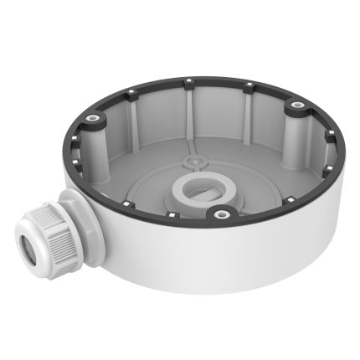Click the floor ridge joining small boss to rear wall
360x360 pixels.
coord(193,142)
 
